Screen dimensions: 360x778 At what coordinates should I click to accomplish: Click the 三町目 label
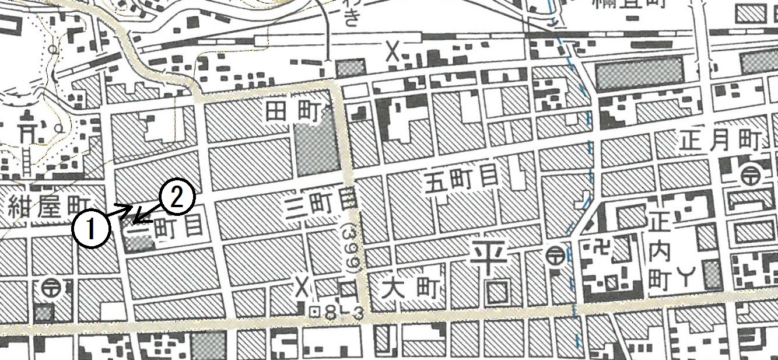[x=318, y=205]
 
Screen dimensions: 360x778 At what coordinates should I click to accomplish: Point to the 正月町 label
[x=721, y=141]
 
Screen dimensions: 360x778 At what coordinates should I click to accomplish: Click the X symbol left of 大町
[x=302, y=286]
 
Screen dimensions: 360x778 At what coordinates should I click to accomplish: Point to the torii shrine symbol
[x=26, y=131]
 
